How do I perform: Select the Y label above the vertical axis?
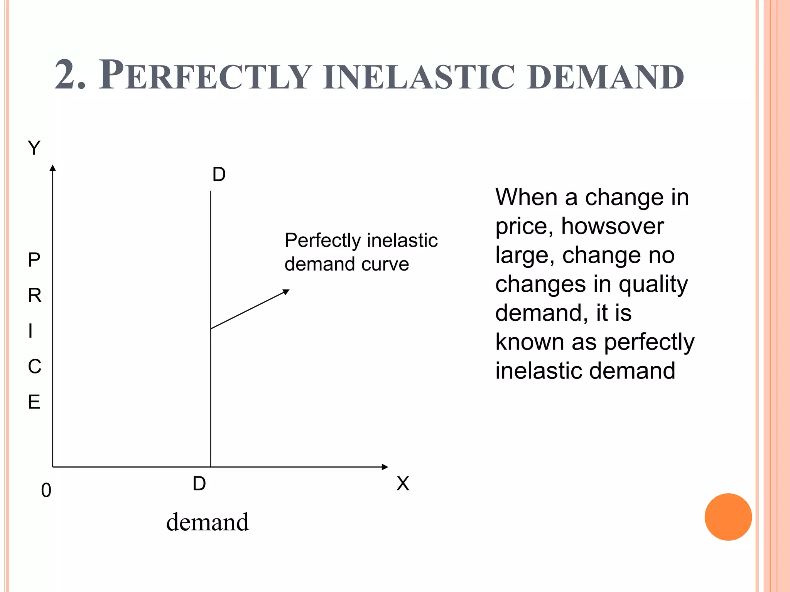point(34,148)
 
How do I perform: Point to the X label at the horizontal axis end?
point(403,484)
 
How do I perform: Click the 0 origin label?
point(46,491)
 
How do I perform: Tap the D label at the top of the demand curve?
point(219,175)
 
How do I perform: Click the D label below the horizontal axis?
point(199,484)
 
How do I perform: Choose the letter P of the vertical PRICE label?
point(34,260)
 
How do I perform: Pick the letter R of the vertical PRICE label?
point(34,296)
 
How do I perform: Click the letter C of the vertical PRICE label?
point(34,367)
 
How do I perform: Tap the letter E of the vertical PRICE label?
point(34,402)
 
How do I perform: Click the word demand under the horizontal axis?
point(207,522)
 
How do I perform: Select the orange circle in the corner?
point(728,517)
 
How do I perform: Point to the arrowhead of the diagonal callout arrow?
point(286,292)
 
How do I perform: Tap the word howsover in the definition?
point(612,226)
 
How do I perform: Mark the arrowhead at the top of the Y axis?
point(53,168)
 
